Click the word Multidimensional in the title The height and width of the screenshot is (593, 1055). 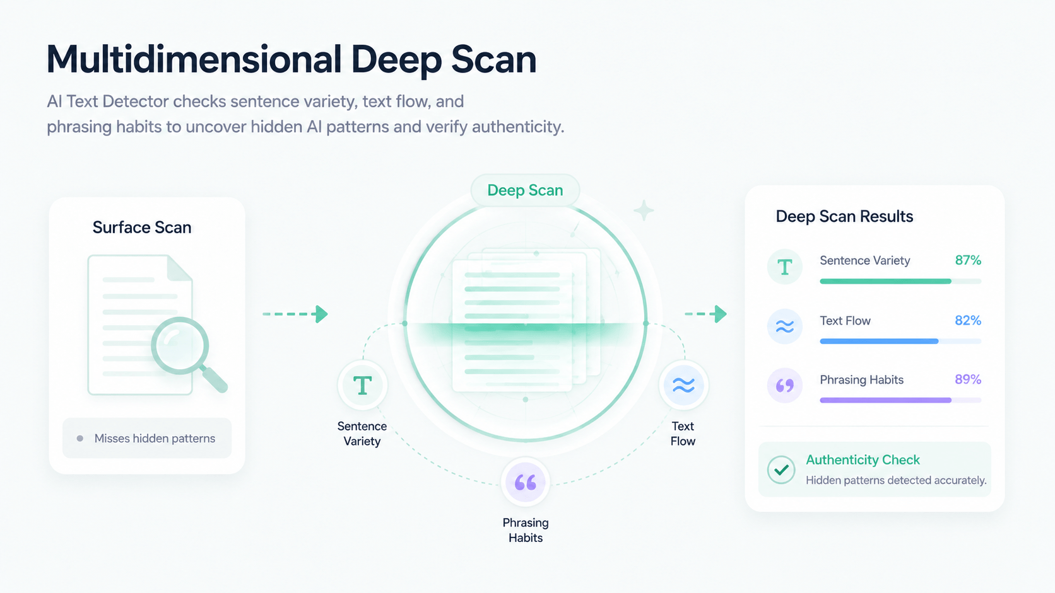[194, 59]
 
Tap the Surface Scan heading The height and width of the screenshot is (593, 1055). [142, 227]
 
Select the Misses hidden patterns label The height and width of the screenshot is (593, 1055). [155, 438]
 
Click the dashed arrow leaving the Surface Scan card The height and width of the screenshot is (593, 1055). [295, 314]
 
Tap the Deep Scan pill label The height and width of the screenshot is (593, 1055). [525, 190]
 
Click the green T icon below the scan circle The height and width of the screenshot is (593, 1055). [362, 385]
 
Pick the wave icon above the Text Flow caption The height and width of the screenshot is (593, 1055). [683, 385]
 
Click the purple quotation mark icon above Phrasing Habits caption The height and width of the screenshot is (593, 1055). [525, 482]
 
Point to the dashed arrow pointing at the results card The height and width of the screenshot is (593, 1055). [705, 314]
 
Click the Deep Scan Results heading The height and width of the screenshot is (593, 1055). [844, 216]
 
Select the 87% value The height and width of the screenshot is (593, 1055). [968, 260]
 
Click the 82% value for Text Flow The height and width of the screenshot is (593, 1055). [968, 320]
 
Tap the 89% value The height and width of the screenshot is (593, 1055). [968, 379]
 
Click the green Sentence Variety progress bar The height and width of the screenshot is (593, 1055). [885, 281]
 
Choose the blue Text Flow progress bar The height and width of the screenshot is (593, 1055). [879, 342]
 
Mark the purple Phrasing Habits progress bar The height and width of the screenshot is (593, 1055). [885, 400]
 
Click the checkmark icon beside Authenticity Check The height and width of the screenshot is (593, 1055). [781, 469]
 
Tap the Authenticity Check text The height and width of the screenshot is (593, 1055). [863, 459]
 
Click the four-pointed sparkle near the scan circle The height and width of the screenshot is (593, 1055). [644, 210]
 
